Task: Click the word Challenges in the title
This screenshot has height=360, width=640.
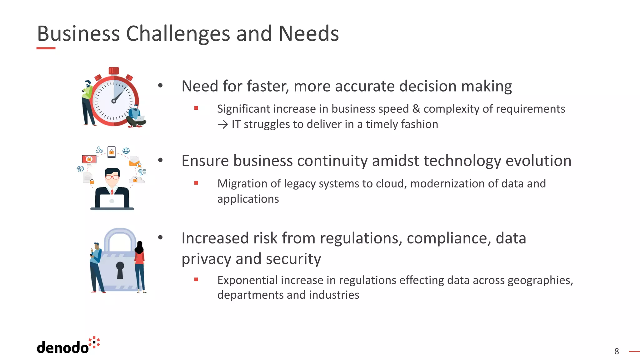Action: point(178,34)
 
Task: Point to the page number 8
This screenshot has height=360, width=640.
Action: point(616,352)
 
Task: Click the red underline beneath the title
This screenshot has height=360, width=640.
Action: point(46,48)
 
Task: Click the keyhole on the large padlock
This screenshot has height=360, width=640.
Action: point(120,269)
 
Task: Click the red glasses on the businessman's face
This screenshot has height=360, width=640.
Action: point(112,177)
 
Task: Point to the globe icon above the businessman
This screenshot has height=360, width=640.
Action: point(126,151)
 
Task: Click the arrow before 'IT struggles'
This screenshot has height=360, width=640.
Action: point(223,125)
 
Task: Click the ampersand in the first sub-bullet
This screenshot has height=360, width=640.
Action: point(416,109)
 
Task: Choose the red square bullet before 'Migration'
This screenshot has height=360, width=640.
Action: point(196,183)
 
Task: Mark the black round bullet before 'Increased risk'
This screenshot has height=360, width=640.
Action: point(160,238)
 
